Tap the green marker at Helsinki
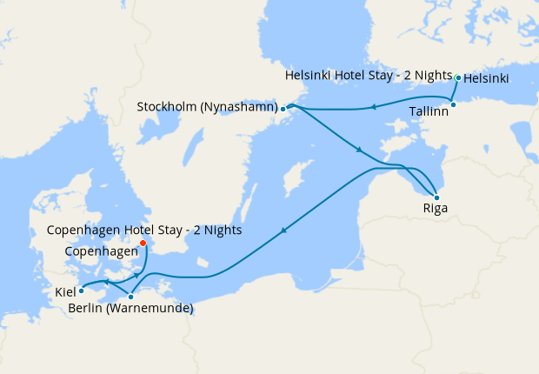point(458,77)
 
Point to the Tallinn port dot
point(453,105)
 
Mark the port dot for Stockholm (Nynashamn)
point(283,109)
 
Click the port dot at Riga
point(436,197)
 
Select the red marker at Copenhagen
point(143,244)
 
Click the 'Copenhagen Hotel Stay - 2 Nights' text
point(143,230)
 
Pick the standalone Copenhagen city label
point(102,250)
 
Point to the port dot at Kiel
point(82,291)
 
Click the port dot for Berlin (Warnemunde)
point(131,297)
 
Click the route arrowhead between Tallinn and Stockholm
point(372,108)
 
